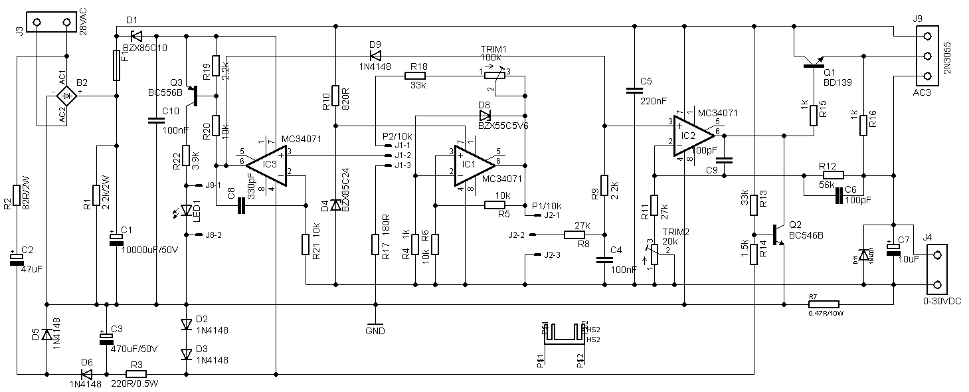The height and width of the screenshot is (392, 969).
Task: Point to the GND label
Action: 375,330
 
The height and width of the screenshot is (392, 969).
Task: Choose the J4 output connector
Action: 936,269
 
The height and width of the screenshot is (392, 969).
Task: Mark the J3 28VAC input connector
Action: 51,22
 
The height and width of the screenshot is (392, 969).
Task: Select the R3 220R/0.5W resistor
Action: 135,374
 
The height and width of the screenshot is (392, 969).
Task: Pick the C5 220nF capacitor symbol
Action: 634,92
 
